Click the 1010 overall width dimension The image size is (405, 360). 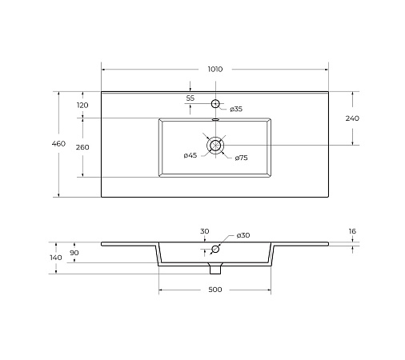point(215,70)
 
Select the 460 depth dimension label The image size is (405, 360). point(58,144)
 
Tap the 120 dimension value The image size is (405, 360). point(82,106)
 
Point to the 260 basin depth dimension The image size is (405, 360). point(82,147)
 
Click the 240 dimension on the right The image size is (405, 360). point(352,118)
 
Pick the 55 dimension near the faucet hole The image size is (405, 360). point(190,98)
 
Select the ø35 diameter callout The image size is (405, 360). point(236,109)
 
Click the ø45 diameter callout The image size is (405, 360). point(190,155)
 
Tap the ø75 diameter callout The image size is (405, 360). point(241,158)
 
